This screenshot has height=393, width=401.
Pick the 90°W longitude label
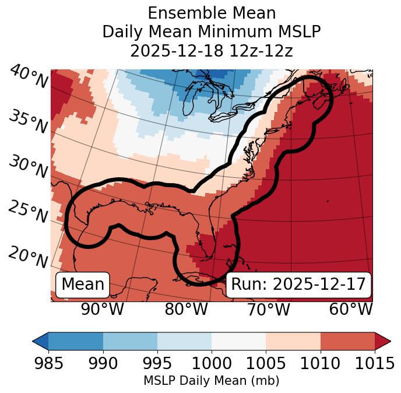point(103,310)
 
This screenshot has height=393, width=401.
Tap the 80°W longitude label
point(186,310)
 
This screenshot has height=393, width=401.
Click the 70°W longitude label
point(269,310)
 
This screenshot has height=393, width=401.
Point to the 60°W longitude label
point(351,310)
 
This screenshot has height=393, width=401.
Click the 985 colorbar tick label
point(48,364)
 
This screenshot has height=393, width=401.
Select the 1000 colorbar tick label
point(211,364)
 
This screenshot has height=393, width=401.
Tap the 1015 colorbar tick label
point(374,364)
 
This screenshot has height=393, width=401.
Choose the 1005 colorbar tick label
point(266,364)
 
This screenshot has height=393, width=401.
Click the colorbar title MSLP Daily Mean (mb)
point(211,381)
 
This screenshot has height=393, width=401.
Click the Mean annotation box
point(83,285)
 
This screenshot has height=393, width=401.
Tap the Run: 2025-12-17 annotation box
point(298,285)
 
